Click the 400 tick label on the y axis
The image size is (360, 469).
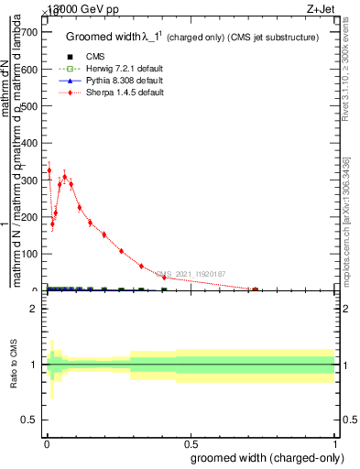[x=29, y=143]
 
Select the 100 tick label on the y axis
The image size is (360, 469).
[x=29, y=254]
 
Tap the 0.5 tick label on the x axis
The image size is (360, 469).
[x=190, y=443]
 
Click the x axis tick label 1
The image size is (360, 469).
[x=334, y=443]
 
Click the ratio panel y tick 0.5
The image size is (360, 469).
[x=29, y=420]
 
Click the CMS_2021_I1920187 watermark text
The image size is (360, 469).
[x=190, y=273]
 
